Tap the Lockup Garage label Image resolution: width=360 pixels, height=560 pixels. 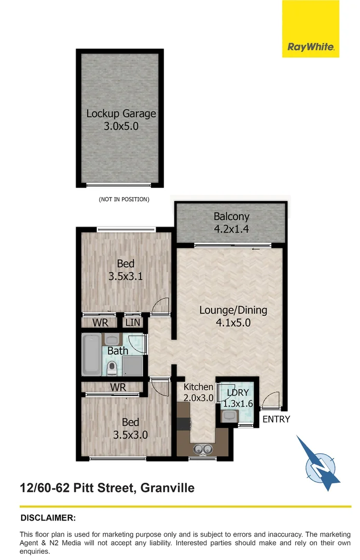[121, 114]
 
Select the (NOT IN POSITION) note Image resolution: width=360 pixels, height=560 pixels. [124, 199]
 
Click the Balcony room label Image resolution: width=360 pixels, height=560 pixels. [231, 217]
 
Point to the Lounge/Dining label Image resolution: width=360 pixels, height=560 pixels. [233, 310]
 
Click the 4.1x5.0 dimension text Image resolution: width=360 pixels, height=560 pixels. [233, 323]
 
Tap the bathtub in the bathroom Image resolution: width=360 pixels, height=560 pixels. [91, 355]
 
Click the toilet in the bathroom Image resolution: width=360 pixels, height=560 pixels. [112, 368]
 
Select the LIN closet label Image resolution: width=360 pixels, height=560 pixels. [133, 323]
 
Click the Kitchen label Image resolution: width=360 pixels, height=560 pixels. [198, 387]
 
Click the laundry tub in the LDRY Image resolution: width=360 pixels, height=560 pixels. [229, 415]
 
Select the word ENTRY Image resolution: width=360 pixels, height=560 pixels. [276, 419]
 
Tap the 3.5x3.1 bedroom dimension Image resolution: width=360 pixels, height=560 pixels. [126, 276]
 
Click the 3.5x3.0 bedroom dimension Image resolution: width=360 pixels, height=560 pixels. [130, 435]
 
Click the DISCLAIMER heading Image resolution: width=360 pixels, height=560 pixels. [48, 517]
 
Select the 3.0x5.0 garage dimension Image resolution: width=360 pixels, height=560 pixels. [121, 125]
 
